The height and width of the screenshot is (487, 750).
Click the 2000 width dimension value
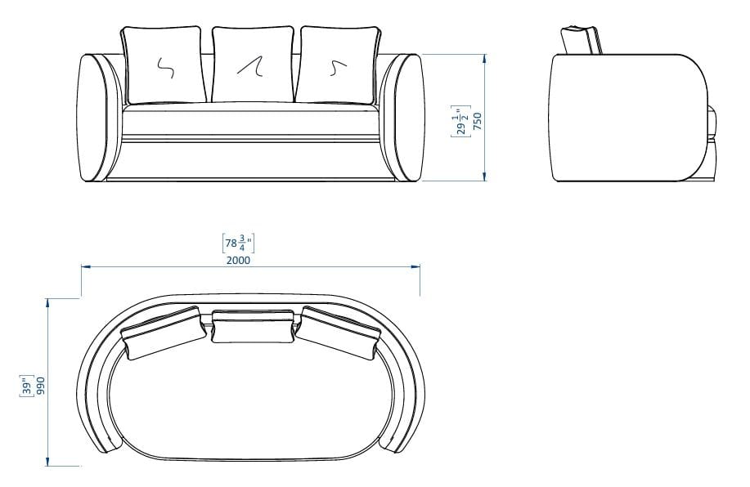pyautogui.click(x=239, y=261)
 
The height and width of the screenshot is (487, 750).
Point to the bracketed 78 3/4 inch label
pyautogui.click(x=239, y=243)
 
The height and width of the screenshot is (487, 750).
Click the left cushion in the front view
pyautogui.click(x=163, y=66)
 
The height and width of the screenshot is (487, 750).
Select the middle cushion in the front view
pyautogui.click(x=254, y=66)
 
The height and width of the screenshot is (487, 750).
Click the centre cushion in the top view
pyautogui.click(x=253, y=326)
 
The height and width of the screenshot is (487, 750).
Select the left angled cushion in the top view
pyautogui.click(x=164, y=333)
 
